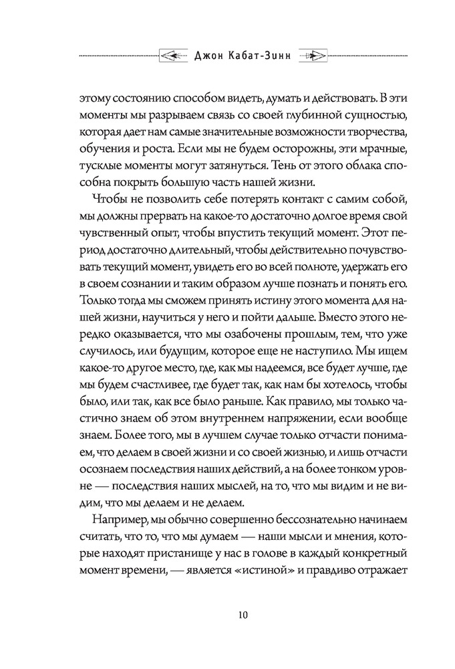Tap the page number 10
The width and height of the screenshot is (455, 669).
pyautogui.click(x=227, y=615)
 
